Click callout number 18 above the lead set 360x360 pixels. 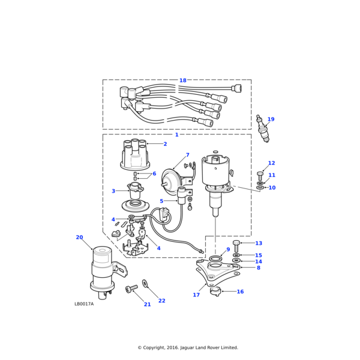[182, 80]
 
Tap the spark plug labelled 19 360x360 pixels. [262, 128]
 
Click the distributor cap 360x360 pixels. [135, 155]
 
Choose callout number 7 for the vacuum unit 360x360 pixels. [187, 155]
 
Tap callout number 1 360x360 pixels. [176, 135]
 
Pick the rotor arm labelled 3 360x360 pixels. [136, 190]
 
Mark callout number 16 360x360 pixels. [240, 292]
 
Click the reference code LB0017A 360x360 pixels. [84, 304]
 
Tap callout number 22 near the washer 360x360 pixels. [161, 301]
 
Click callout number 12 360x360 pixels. [271, 163]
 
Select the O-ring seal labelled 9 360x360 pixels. [214, 258]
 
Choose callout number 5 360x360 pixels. [161, 201]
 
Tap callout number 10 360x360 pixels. [272, 188]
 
